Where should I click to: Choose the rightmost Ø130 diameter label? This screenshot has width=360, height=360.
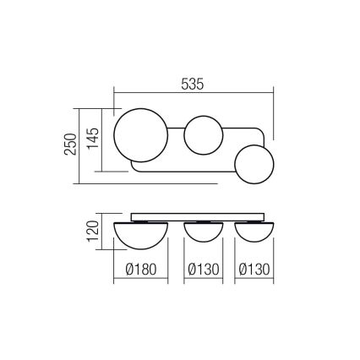click(x=255, y=271)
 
